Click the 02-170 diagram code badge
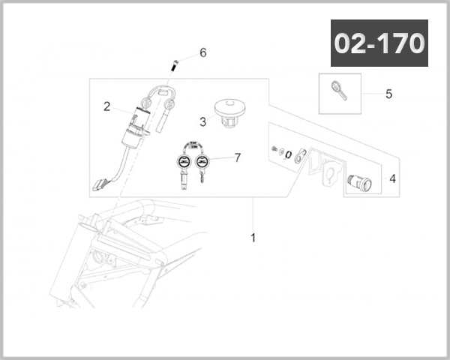click(x=379, y=43)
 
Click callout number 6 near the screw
click(x=203, y=52)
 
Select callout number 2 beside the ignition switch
click(x=106, y=106)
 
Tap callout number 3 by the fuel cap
click(x=203, y=121)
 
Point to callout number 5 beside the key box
click(x=388, y=94)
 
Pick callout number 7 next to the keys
click(x=238, y=157)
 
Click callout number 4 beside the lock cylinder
click(x=392, y=178)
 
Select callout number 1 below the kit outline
click(x=253, y=238)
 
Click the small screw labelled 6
click(x=175, y=65)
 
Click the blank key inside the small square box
click(x=339, y=91)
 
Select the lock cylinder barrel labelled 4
click(x=359, y=182)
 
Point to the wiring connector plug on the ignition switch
click(x=100, y=184)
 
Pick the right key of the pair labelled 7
click(x=202, y=168)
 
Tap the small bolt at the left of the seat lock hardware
click(x=274, y=148)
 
